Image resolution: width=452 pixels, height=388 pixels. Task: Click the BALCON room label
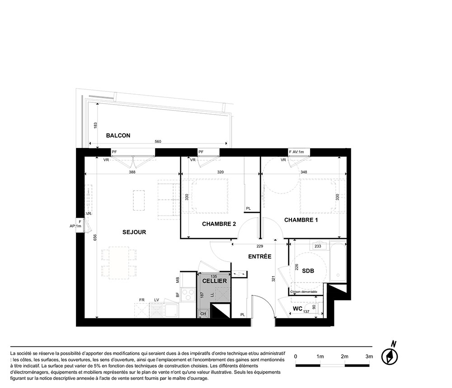(x=118, y=135)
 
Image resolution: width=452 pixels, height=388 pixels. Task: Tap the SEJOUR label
(x=134, y=232)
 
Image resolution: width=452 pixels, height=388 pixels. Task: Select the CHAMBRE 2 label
(x=219, y=224)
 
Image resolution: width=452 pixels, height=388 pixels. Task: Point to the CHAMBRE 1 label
(x=301, y=220)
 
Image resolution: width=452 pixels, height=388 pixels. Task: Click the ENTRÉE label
(x=260, y=256)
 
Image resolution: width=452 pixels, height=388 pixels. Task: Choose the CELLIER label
(x=214, y=281)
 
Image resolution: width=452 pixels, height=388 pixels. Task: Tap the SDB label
(x=308, y=271)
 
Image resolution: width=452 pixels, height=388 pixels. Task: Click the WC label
(x=297, y=309)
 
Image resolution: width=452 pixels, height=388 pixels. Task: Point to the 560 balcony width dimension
(x=158, y=141)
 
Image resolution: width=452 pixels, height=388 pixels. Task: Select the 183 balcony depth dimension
(x=95, y=125)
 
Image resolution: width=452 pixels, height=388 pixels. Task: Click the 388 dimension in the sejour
(x=132, y=172)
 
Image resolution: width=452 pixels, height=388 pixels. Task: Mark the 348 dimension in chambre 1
(x=304, y=172)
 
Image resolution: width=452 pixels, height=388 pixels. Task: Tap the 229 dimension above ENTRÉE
(x=260, y=246)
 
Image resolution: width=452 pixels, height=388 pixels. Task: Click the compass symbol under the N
(x=390, y=356)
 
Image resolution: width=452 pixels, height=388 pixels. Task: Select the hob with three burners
(x=188, y=295)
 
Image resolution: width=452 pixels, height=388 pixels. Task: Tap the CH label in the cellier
(x=203, y=314)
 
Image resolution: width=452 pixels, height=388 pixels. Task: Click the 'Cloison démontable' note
(x=304, y=292)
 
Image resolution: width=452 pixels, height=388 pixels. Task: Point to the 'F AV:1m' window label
(x=297, y=152)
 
